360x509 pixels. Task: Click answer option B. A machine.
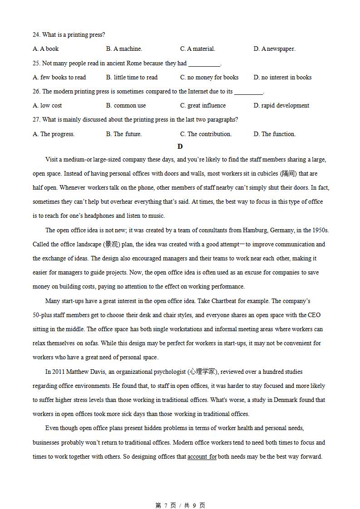pos(124,49)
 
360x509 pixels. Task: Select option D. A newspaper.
pos(274,49)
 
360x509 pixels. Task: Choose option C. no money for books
pos(209,78)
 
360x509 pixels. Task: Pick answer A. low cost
pos(47,106)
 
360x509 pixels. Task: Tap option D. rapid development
pos(281,106)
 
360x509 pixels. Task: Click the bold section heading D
pos(180,147)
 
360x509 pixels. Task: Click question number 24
pos(36,35)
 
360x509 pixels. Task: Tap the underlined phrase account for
pos(202,457)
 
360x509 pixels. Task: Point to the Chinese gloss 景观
pos(112,245)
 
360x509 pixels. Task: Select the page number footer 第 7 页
pos(166,505)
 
